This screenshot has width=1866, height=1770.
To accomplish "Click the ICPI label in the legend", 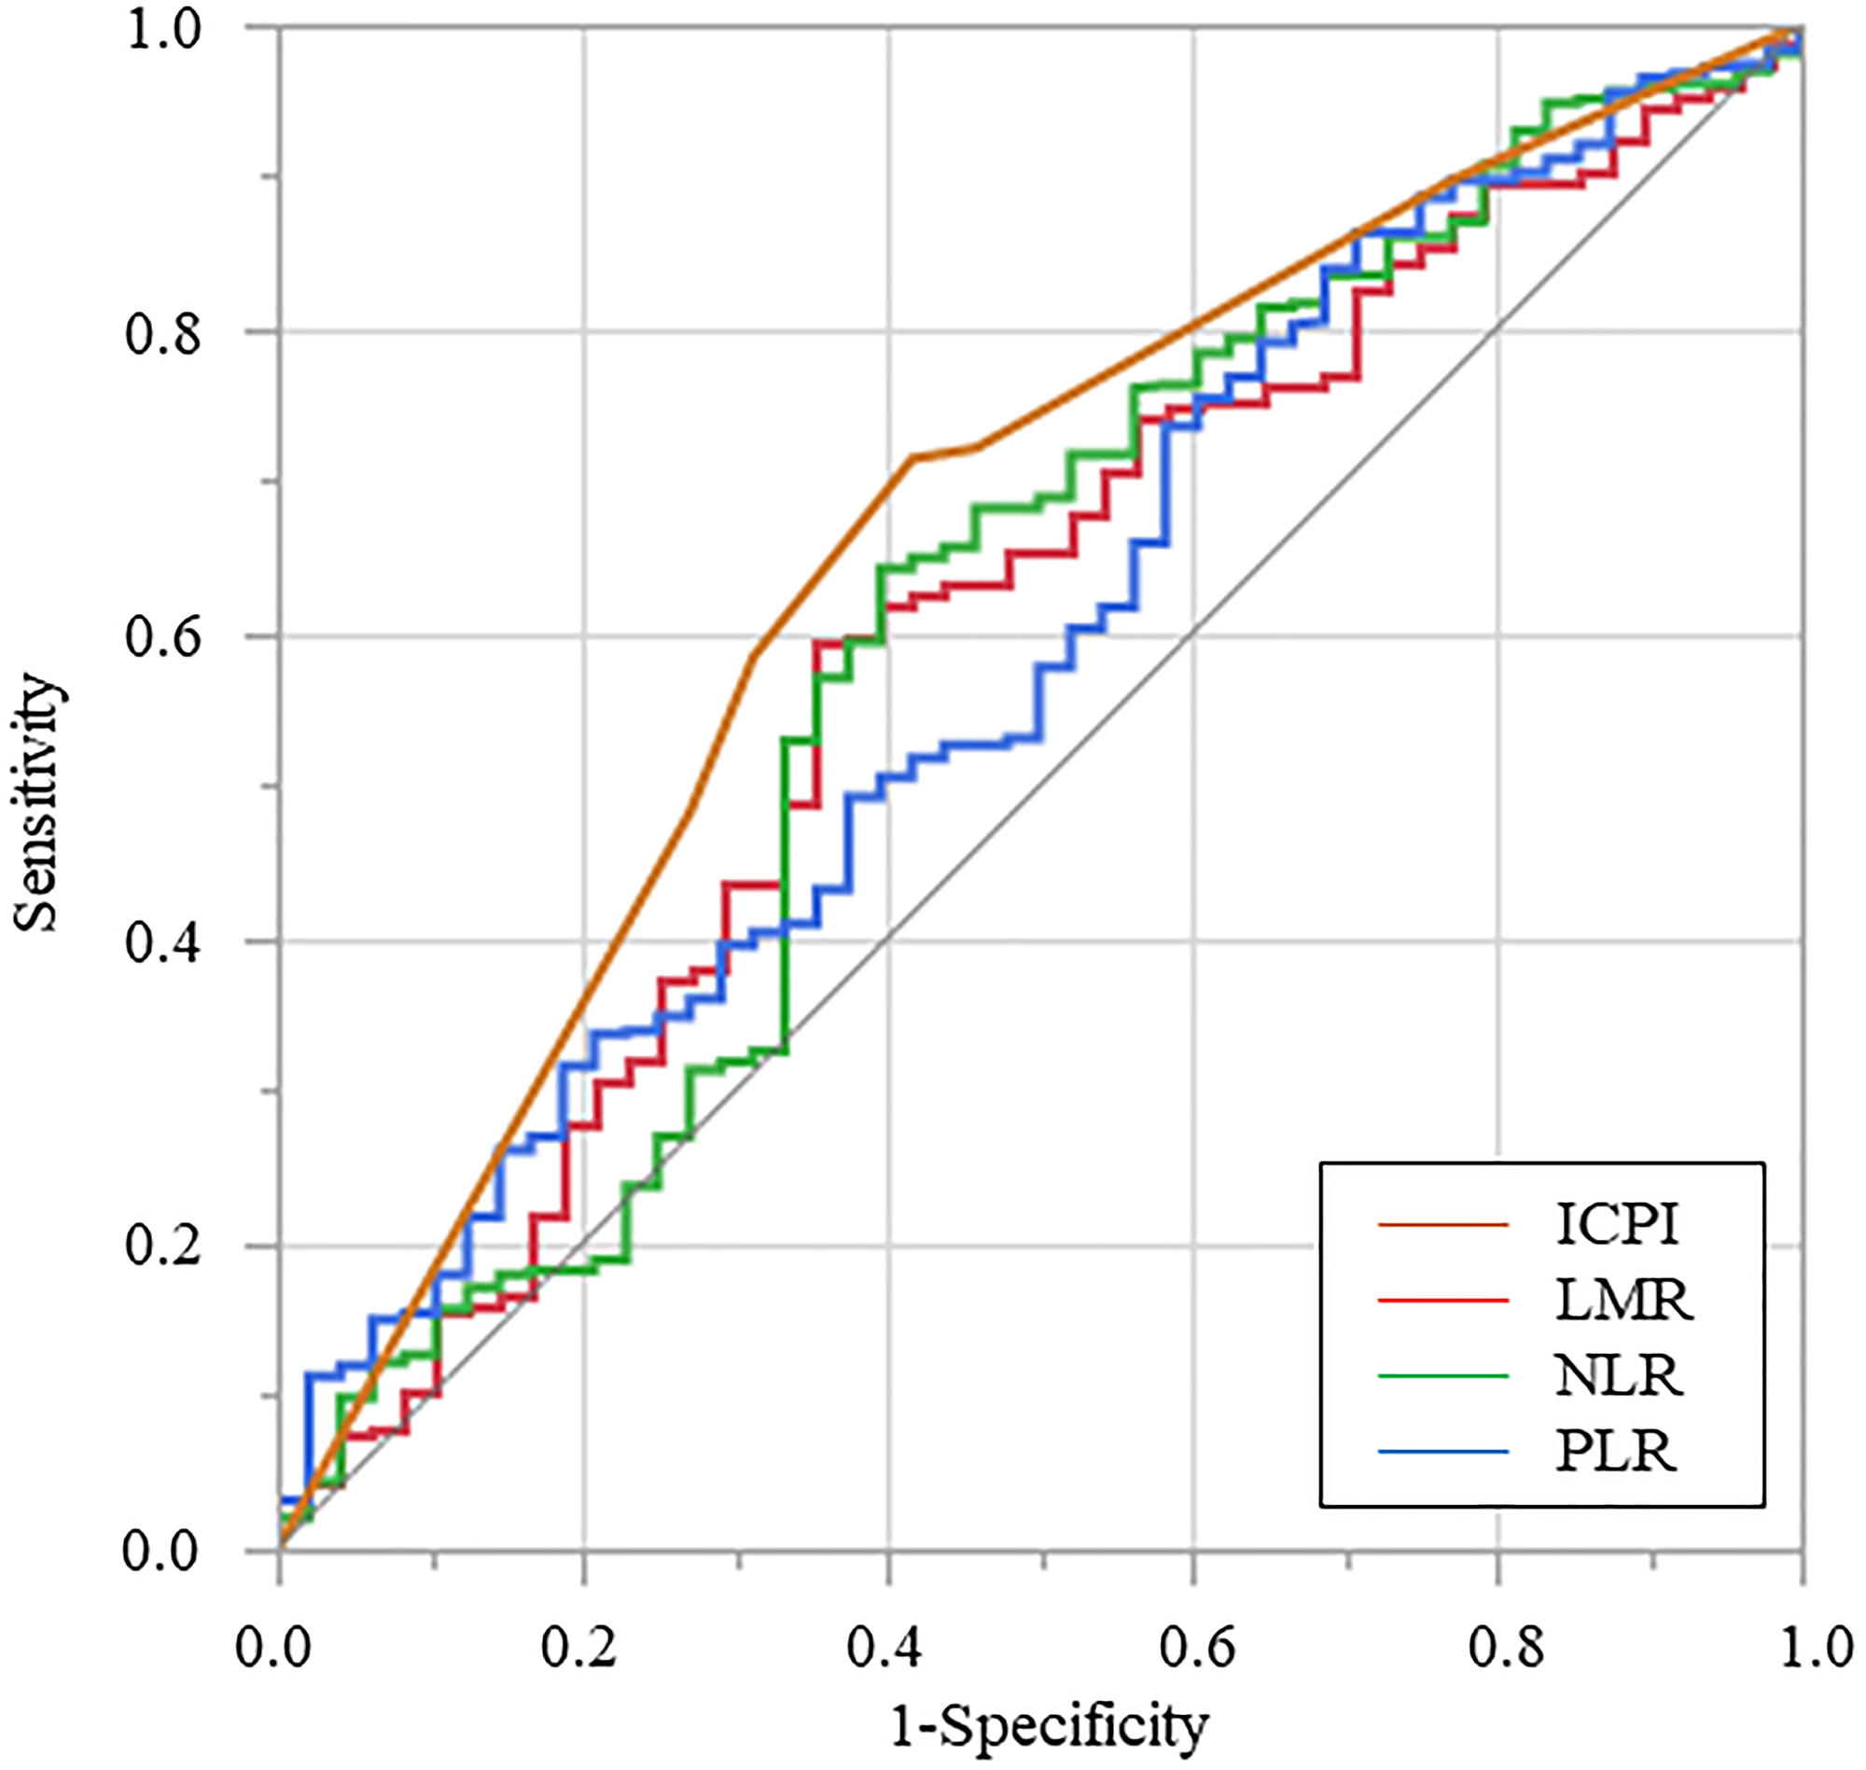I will click(x=1617, y=1225).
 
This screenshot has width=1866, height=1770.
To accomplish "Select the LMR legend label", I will click(x=1623, y=1301).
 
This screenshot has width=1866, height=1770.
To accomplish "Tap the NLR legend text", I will click(x=1618, y=1376).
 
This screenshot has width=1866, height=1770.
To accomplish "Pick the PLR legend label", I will click(x=1616, y=1452).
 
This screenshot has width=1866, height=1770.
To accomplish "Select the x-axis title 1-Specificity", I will click(x=1048, y=1726).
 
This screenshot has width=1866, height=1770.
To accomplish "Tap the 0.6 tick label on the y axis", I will click(x=163, y=638).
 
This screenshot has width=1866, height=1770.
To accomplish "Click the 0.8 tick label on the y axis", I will click(x=163, y=333).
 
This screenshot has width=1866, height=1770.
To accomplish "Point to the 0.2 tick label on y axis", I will click(x=163, y=1247).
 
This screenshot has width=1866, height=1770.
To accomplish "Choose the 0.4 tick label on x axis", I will click(x=885, y=1648).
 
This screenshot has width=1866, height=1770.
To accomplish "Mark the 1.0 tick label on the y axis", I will click(x=163, y=30).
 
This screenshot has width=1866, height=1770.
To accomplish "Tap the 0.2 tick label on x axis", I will click(x=579, y=1648).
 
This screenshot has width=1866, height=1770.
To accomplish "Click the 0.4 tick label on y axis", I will click(x=163, y=942).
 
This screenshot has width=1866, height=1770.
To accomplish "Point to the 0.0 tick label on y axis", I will click(x=161, y=1550).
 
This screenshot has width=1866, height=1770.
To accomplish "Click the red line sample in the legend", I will click(x=1443, y=1301).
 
